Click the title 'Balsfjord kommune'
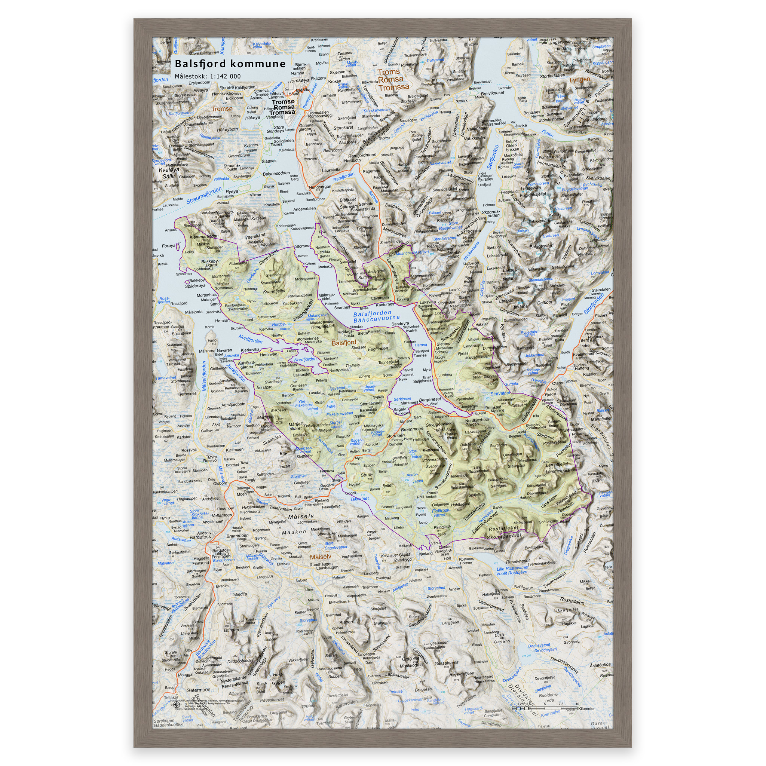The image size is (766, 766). click(230, 64)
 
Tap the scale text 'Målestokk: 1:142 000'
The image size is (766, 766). click(207, 77)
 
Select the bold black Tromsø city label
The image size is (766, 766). click(283, 107)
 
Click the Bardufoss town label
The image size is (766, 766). click(200, 537)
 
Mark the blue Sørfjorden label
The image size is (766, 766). click(493, 157)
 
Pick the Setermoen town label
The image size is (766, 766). click(198, 690)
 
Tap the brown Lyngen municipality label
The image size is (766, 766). click(580, 80)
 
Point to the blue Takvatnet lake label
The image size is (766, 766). click(359, 499)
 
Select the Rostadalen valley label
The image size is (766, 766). click(572, 601)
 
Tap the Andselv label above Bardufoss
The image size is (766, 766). click(204, 533)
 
